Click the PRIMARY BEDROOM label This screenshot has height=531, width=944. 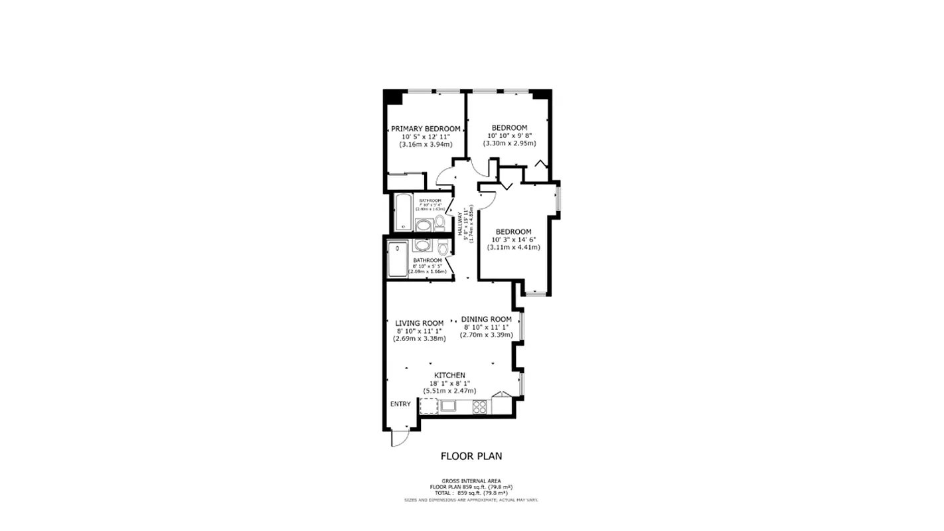pos(426,129)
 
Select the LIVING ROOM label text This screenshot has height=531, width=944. pos(419,323)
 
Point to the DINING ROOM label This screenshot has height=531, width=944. pos(487,319)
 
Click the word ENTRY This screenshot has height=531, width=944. pos(400,404)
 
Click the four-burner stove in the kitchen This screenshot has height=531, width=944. pos(480,406)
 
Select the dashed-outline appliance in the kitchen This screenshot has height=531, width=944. pos(428,406)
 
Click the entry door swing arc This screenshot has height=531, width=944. pos(399,438)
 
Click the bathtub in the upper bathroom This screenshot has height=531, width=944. pos(403,212)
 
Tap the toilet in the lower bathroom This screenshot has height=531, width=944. pos(443,248)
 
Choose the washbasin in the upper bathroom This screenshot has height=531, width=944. pos(423,225)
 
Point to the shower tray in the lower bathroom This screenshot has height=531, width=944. pos(398,260)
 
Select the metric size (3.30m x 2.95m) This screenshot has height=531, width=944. pos(509,143)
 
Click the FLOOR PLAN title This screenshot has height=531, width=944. pos(471,456)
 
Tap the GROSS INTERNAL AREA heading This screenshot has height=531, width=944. pos(471,481)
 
